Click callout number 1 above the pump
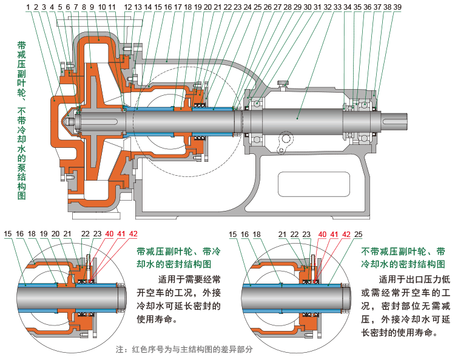tap(29, 7)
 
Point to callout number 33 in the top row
tap(337, 7)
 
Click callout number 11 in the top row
tap(112, 7)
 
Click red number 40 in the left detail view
tap(109, 234)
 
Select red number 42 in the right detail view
tap(346, 234)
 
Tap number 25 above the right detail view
tap(359, 234)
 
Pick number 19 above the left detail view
tap(44, 234)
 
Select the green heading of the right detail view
tap(403, 258)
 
